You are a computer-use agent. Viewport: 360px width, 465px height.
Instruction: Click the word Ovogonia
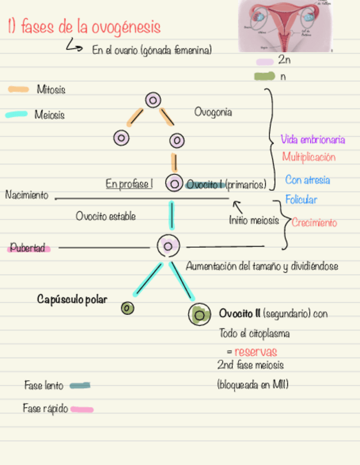tap(213, 112)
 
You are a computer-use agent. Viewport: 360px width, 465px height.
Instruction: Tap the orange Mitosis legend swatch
tap(19, 89)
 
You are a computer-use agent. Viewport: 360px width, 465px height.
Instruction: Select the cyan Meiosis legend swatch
tap(16, 115)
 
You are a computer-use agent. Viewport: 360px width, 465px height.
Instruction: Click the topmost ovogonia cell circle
tap(153, 100)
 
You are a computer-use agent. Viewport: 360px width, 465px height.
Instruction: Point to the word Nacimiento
tap(26, 195)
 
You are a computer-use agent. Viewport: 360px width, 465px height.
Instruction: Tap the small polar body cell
tap(127, 308)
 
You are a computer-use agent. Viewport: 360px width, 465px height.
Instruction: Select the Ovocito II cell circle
tap(199, 315)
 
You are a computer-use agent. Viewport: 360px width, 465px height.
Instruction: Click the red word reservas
tap(256, 352)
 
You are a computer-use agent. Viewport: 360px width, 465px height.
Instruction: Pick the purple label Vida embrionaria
tap(313, 140)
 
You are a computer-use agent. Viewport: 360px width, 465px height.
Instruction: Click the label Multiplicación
tap(308, 157)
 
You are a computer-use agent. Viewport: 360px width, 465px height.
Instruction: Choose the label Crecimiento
tap(314, 223)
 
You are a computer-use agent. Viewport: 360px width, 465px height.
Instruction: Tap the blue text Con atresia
tap(307, 180)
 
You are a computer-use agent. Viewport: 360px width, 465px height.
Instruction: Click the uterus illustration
tap(285, 25)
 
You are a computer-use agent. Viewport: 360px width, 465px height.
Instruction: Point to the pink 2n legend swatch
tap(265, 61)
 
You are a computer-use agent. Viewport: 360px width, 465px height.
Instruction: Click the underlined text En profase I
tap(129, 184)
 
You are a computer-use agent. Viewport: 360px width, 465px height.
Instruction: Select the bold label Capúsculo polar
tap(72, 299)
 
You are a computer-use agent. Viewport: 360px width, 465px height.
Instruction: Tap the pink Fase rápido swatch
tap(82, 409)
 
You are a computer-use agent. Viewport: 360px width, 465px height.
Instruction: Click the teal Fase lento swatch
tap(80, 385)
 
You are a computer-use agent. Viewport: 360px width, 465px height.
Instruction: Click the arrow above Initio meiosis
tap(238, 207)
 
